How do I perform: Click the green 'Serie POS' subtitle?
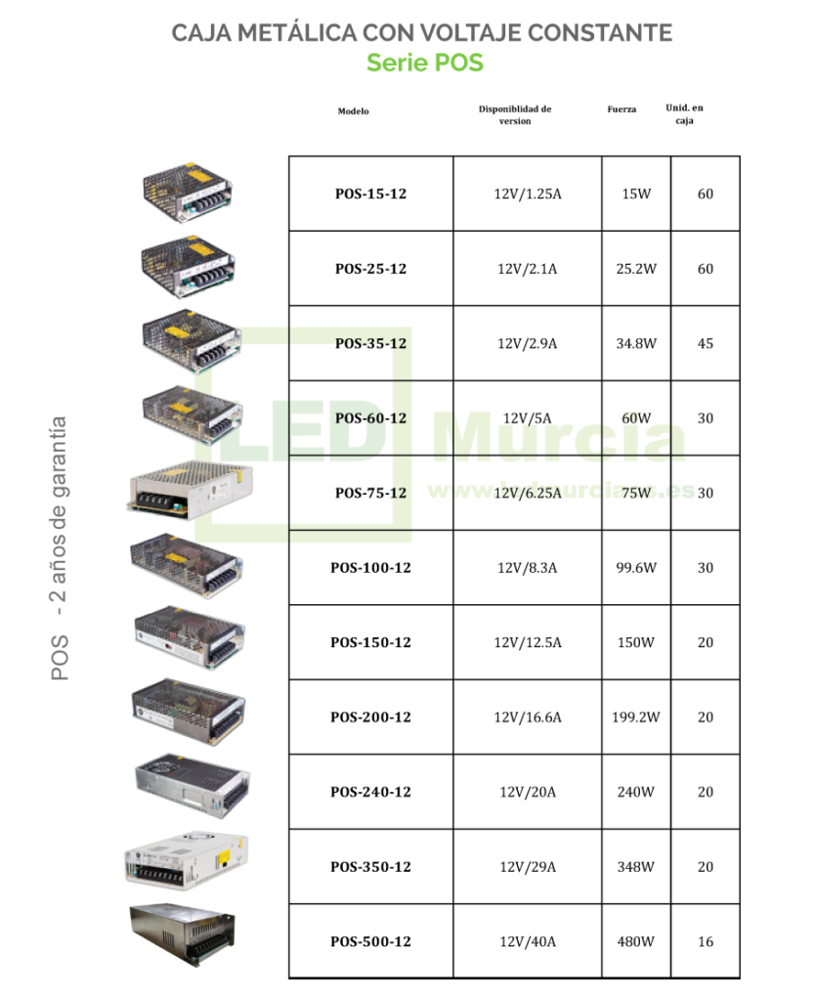tap(425, 63)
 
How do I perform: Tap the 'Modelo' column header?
tap(354, 111)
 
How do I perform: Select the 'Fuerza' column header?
tap(622, 109)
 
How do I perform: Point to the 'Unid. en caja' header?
tap(684, 113)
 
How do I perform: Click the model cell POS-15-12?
tap(370, 195)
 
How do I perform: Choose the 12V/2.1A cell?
tap(527, 269)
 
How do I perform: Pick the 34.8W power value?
tap(636, 343)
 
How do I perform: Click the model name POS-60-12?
tap(370, 418)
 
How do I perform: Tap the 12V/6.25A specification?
tap(528, 493)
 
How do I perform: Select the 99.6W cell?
tap(636, 568)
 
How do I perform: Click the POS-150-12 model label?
tap(370, 642)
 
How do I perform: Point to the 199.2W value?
tap(636, 717)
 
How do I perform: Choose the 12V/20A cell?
tap(528, 792)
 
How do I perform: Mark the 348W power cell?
tap(636, 867)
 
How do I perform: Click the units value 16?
tap(705, 941)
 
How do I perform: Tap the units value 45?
tap(705, 343)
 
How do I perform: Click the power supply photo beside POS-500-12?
tap(183, 934)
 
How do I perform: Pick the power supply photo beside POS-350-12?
tap(187, 860)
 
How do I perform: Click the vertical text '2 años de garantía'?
tap(58, 509)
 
